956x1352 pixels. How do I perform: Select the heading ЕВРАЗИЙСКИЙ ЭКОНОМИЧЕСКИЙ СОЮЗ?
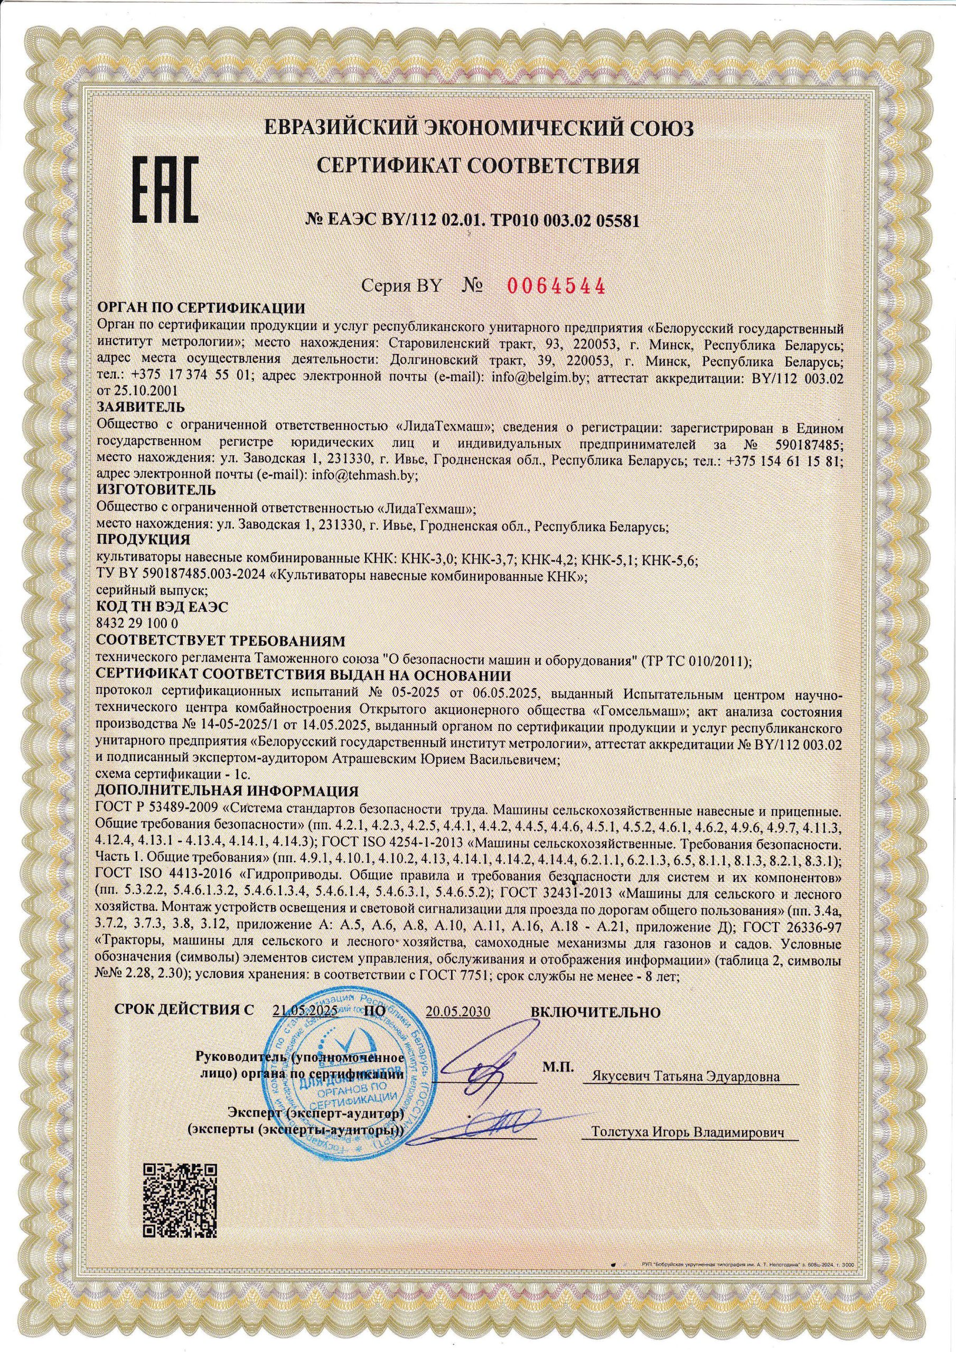479,127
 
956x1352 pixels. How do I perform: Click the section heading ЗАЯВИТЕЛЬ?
141,407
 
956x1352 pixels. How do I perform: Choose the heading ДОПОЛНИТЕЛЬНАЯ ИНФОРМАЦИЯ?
227,790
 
